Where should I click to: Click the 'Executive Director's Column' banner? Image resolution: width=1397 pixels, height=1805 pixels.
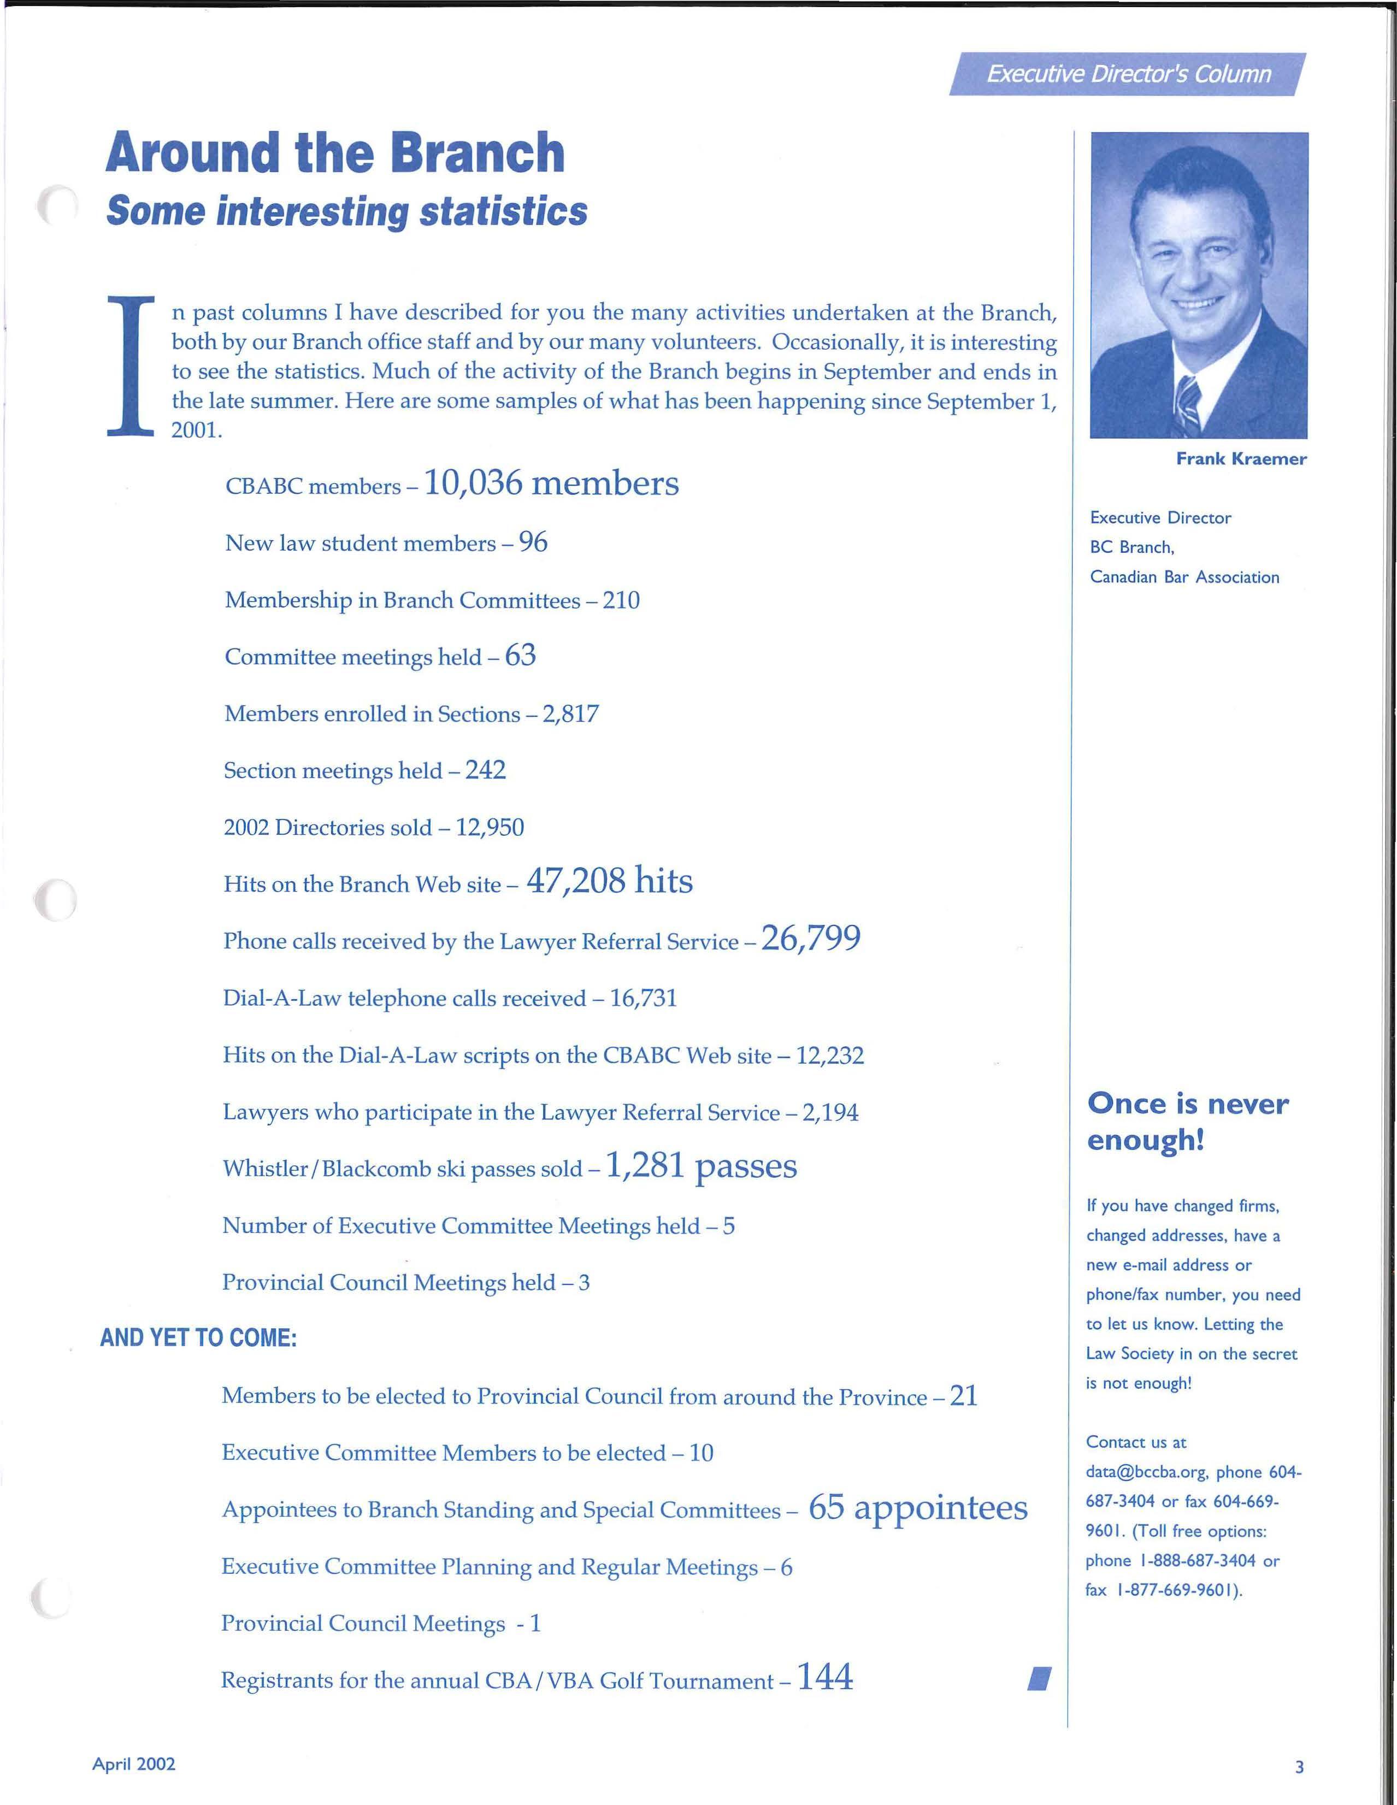(x=1128, y=74)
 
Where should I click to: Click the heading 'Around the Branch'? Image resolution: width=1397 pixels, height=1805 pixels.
(x=335, y=153)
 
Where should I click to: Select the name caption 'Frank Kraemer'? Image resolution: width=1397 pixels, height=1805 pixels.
(x=1241, y=459)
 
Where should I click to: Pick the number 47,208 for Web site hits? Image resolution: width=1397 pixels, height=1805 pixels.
(x=575, y=881)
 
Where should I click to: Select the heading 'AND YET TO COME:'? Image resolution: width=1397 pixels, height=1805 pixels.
(x=198, y=1338)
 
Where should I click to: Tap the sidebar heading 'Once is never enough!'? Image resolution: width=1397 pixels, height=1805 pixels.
(x=1187, y=1120)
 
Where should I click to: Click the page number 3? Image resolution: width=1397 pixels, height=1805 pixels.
(x=1299, y=1767)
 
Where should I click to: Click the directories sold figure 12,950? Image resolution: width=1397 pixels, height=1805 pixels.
(x=490, y=827)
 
